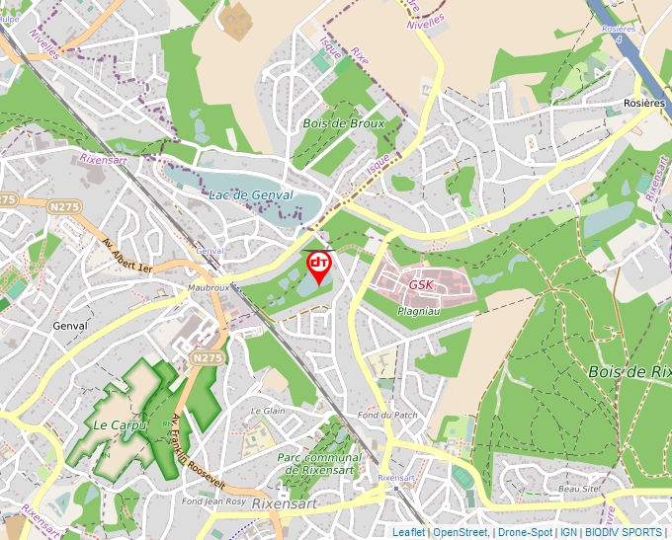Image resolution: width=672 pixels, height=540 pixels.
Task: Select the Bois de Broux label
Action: click(343, 123)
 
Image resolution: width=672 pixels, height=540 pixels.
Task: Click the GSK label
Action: click(421, 284)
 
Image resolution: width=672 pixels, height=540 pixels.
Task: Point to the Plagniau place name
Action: click(417, 310)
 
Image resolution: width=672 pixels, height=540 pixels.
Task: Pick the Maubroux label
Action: click(208, 288)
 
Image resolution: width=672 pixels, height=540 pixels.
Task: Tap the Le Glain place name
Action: click(268, 410)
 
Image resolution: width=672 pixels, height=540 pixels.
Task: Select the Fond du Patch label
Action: click(387, 415)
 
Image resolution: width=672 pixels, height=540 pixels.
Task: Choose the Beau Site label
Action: click(580, 489)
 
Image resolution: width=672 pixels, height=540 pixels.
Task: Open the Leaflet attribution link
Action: click(409, 532)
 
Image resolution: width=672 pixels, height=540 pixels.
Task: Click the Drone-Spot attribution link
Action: click(525, 532)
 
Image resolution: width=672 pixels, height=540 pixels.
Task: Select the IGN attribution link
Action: click(568, 532)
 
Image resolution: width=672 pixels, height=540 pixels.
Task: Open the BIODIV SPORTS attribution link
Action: click(624, 532)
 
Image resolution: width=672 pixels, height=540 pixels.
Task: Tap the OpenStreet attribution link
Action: click(461, 532)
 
